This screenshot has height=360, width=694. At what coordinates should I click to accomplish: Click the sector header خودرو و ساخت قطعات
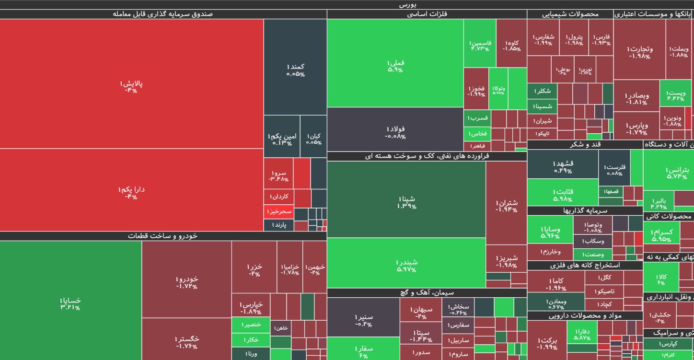[x=163, y=236]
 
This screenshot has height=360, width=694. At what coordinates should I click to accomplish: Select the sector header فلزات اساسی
[x=427, y=14]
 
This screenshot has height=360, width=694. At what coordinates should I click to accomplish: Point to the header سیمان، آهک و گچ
[x=427, y=292]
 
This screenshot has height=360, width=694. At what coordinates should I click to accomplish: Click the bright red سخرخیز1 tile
[x=279, y=211]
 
